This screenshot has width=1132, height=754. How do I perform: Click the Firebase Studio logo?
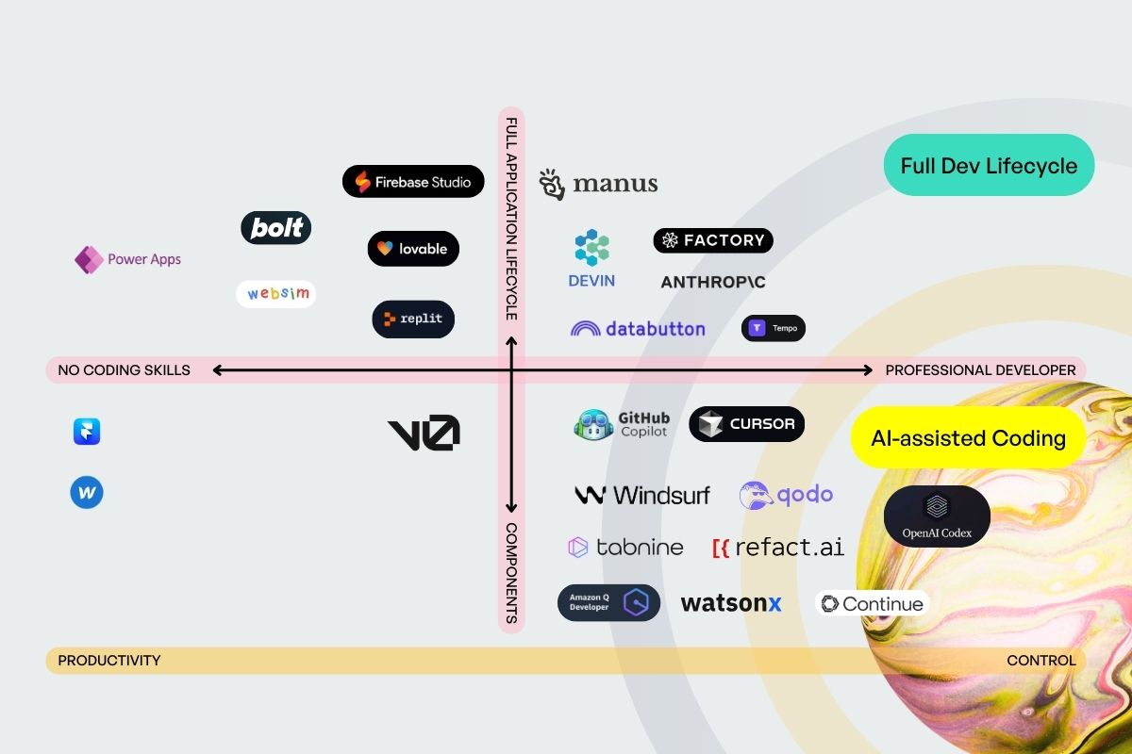pos(413,182)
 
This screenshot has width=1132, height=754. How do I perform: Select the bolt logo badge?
pos(275,227)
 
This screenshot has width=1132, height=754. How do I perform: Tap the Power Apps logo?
pos(128,259)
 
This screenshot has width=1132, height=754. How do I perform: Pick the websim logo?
pos(276,294)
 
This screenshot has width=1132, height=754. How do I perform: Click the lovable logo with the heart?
pos(413,249)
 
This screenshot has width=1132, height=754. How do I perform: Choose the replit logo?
pos(413,319)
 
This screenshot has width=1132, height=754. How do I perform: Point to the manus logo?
pos(598,184)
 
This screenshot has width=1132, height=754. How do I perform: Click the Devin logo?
pos(591,258)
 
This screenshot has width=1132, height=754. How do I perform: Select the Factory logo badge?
pos(713,240)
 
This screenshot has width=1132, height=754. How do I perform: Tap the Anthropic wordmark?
pos(713,282)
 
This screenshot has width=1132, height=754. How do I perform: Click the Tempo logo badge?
pos(774,328)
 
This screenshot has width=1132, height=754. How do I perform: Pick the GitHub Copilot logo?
pos(623,424)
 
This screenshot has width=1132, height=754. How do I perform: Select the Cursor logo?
pos(747,424)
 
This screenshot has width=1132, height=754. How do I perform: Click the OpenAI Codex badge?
pos(937,516)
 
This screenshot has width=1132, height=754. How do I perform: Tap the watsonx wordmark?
pos(731,603)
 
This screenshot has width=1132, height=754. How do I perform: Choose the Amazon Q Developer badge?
pos(608,602)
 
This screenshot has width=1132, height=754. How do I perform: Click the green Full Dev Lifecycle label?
pos(989,166)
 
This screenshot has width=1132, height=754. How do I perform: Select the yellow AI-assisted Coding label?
pos(968,438)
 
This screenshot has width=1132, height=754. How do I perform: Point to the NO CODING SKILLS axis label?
pos(125,370)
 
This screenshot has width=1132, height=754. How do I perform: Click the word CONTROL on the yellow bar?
pos(1041,661)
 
